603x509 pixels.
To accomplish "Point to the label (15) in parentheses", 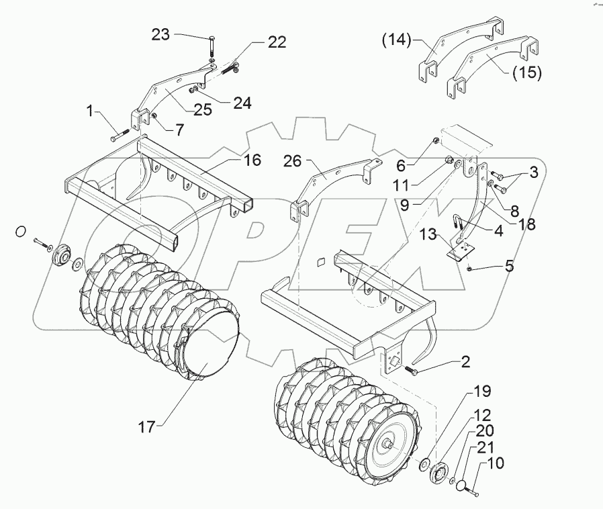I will click(526, 73).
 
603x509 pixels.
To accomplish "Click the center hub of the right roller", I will click(389, 444).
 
